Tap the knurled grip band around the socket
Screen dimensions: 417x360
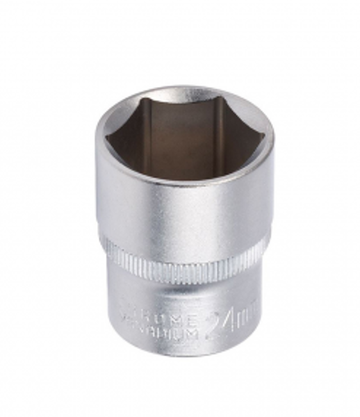pyautogui.click(x=183, y=259)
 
